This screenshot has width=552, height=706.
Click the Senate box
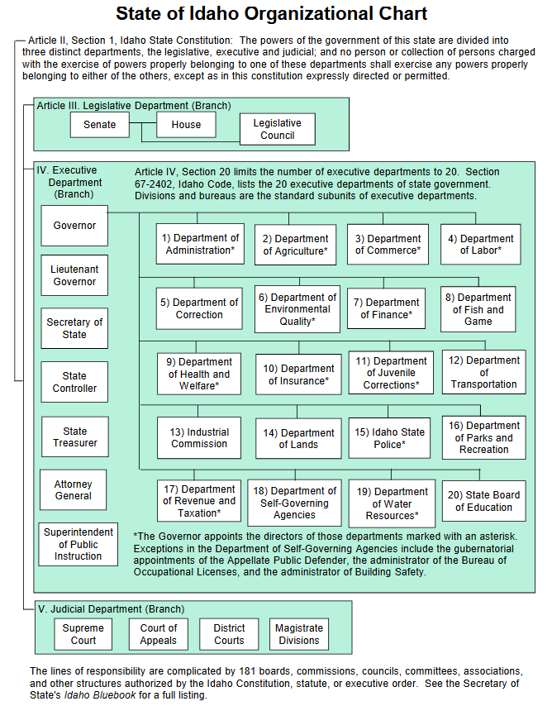(99, 125)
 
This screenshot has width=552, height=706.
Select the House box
(186, 125)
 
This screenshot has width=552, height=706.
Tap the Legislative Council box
(277, 129)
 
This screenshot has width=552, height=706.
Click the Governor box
(74, 225)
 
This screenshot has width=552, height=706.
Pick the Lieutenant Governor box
(74, 275)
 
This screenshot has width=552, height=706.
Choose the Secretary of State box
(74, 328)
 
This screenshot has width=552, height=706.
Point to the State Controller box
(74, 382)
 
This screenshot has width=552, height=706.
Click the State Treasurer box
(74, 437)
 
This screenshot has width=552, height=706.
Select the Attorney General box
(74, 489)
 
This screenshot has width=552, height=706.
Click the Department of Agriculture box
(296, 245)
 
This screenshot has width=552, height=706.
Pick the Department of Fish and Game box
(478, 309)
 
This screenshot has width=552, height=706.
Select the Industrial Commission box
(199, 437)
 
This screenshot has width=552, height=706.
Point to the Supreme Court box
(83, 634)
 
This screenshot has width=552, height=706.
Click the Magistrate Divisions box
(298, 634)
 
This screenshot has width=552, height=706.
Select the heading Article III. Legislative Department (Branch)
(134, 106)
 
